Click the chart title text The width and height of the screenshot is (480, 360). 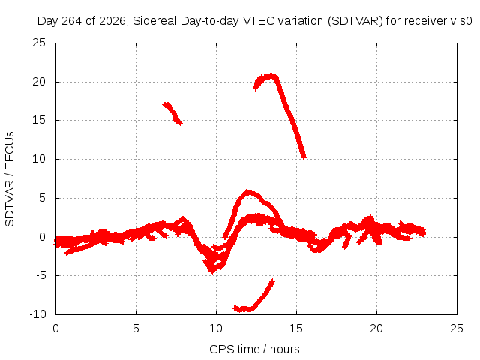(255, 21)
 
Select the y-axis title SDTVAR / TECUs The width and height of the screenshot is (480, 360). (10, 179)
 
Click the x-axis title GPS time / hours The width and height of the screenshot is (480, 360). (254, 349)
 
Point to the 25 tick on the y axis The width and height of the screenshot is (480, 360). (39, 43)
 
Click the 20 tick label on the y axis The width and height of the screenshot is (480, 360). (39, 82)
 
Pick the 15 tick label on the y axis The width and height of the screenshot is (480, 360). (39, 120)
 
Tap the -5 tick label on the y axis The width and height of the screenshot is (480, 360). (40, 275)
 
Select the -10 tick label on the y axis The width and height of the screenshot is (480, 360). (37, 314)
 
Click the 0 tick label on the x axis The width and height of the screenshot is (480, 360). (55, 328)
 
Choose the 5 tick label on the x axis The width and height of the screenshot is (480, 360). (136, 328)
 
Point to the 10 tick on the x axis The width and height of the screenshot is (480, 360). (216, 328)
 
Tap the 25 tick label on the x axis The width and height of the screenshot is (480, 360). (457, 328)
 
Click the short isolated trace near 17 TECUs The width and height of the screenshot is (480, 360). (172, 113)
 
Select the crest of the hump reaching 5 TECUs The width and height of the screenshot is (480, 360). (248, 192)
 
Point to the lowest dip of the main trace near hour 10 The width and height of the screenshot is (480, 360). (212, 271)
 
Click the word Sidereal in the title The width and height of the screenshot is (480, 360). (154, 21)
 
